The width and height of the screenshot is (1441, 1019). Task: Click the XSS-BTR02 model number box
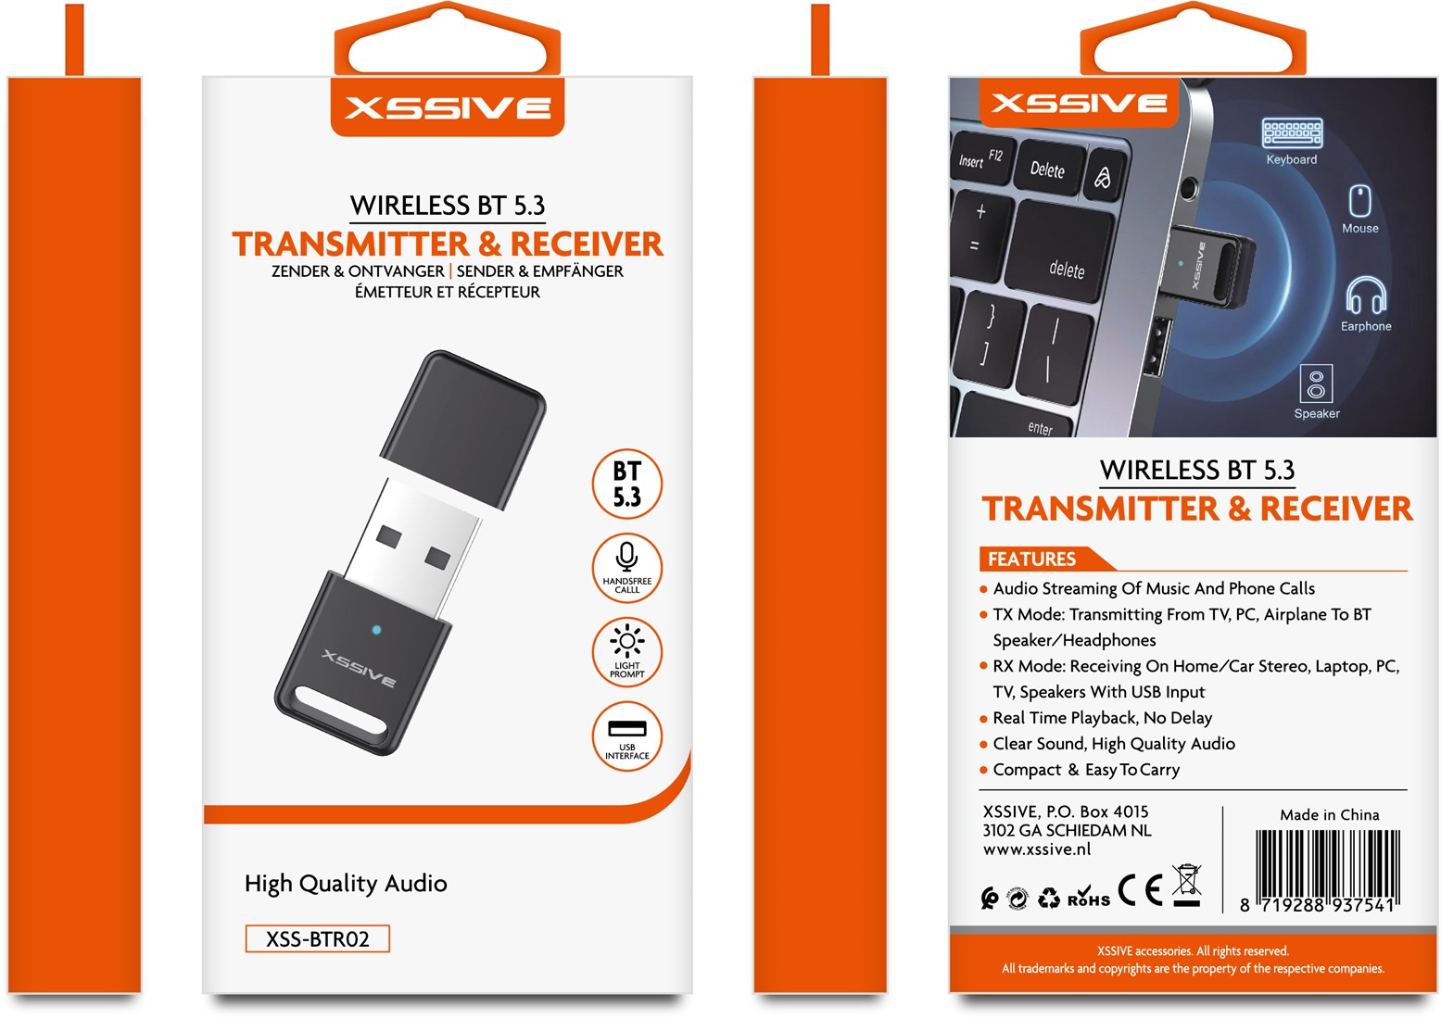point(318,938)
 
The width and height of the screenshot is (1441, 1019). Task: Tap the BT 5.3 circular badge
point(627,484)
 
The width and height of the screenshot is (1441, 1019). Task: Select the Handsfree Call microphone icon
point(626,556)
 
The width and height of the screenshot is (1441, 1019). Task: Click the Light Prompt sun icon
point(627,640)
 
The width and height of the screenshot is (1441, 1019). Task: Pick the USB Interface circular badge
point(627,736)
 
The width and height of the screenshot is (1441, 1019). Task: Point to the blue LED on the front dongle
point(376,629)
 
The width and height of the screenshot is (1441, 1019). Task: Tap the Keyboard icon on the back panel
point(1292,132)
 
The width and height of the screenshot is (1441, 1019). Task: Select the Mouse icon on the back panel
point(1360,201)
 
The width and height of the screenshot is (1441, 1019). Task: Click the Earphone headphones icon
point(1366,296)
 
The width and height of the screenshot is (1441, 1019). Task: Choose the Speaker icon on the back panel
point(1316,384)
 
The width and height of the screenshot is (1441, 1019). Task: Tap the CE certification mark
point(1140,890)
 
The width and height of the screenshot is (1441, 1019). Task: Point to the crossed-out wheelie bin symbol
point(1187,885)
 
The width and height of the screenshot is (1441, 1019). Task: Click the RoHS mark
point(1089,896)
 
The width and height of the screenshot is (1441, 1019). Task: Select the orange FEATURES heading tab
point(1043,559)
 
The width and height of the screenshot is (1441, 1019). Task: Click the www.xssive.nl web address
point(1036,849)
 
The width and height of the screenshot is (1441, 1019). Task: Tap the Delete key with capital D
point(1049,169)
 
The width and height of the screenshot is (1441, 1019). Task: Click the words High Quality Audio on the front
point(346,884)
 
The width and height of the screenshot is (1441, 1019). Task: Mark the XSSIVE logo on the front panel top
point(448,107)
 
